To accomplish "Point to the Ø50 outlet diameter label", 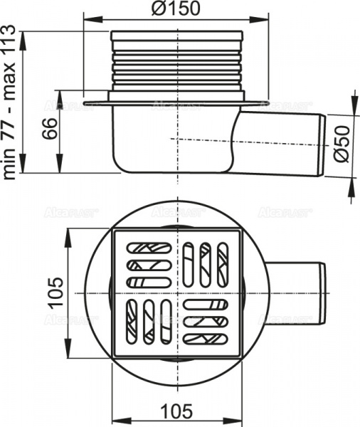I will [x=342, y=145].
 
